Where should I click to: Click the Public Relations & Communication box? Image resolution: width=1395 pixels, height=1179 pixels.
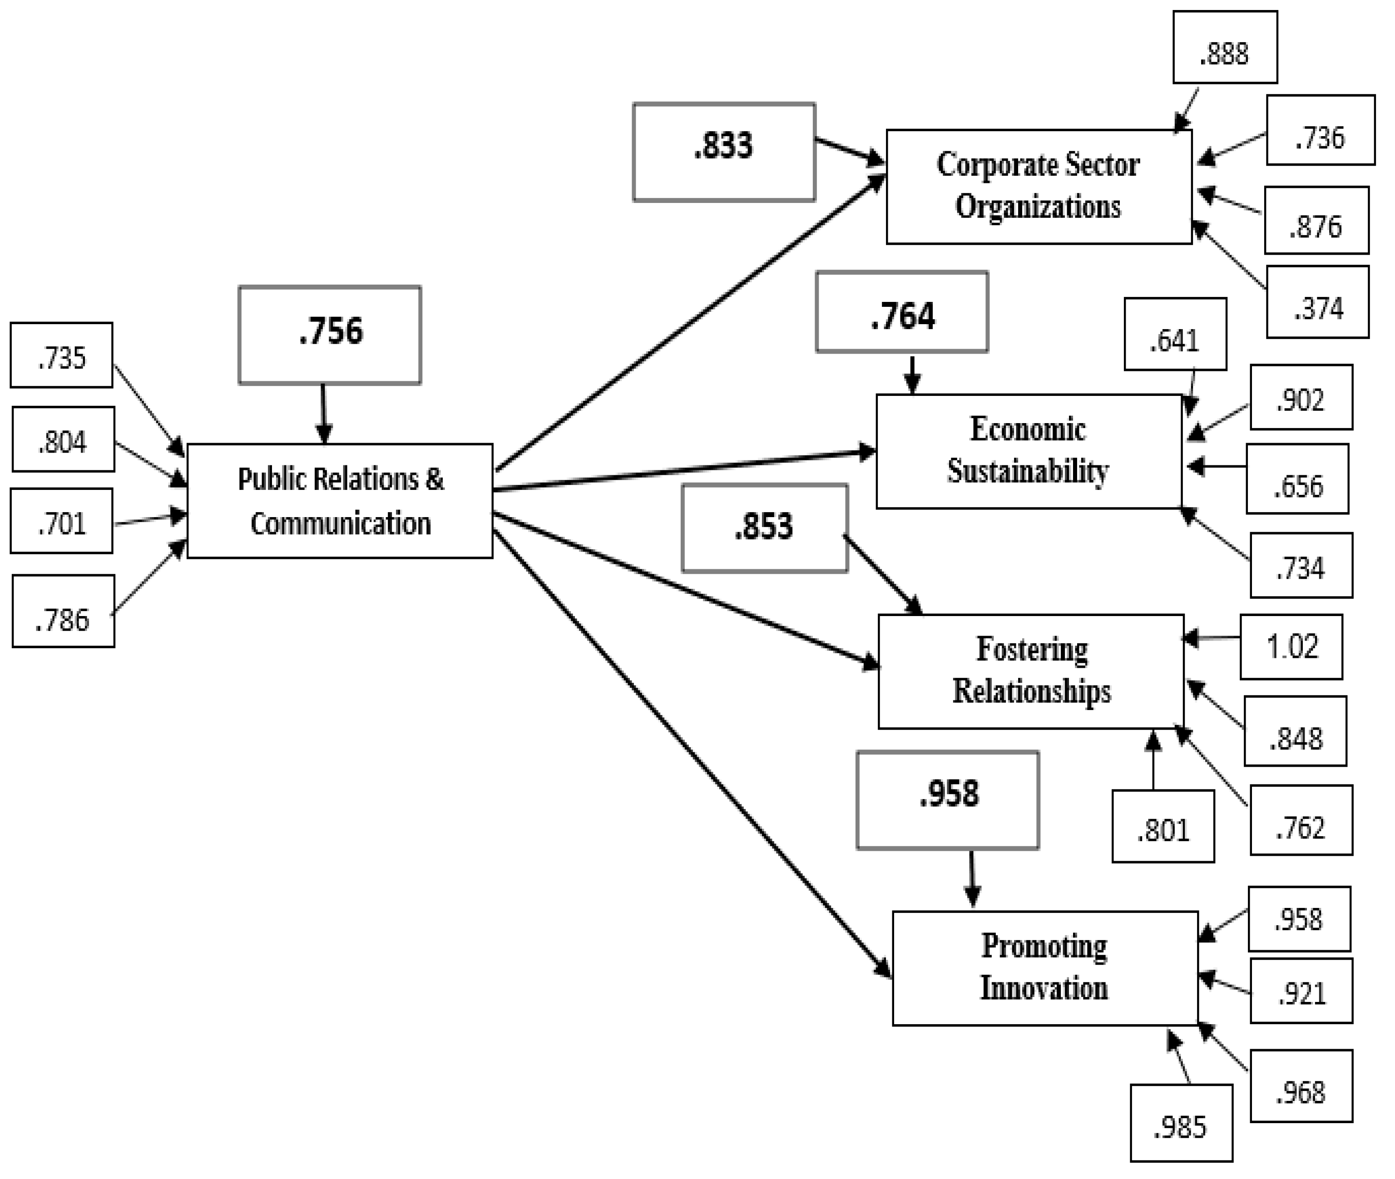click(x=340, y=501)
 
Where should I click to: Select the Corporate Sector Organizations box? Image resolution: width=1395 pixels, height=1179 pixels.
click(x=1038, y=187)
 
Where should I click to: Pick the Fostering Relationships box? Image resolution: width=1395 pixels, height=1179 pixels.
click(x=1031, y=671)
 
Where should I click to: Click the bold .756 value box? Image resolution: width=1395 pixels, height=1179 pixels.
click(x=330, y=335)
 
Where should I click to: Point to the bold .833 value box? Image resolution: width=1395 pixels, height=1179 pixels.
click(x=723, y=152)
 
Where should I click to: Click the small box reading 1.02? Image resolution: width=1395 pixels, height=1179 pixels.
click(x=1291, y=647)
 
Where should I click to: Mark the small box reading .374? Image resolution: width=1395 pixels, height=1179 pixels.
click(x=1317, y=302)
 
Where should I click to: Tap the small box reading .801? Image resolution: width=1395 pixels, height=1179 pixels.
click(x=1162, y=826)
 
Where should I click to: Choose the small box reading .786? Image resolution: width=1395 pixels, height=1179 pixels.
click(x=63, y=611)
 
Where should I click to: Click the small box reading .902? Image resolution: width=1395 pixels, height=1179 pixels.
click(x=1301, y=397)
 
